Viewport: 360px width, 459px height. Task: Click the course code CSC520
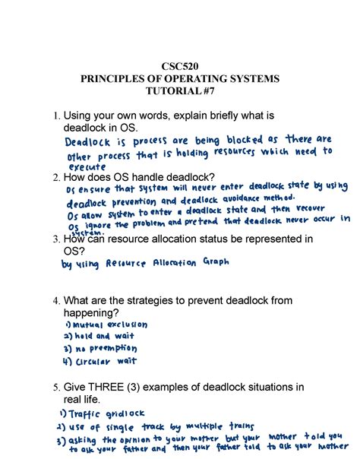tap(180, 66)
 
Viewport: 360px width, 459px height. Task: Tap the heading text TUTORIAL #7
tap(180, 92)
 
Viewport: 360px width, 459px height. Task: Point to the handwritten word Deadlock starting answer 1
tap(85, 142)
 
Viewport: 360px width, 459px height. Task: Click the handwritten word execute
tap(87, 168)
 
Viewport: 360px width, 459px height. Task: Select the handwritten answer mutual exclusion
tap(112, 325)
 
